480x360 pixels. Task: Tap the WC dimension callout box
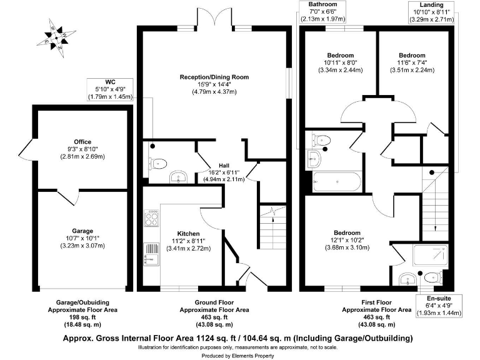click(x=110, y=89)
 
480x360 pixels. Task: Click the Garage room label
click(x=82, y=241)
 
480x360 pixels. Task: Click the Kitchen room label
click(x=188, y=240)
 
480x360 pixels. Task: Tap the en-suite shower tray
click(x=431, y=256)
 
